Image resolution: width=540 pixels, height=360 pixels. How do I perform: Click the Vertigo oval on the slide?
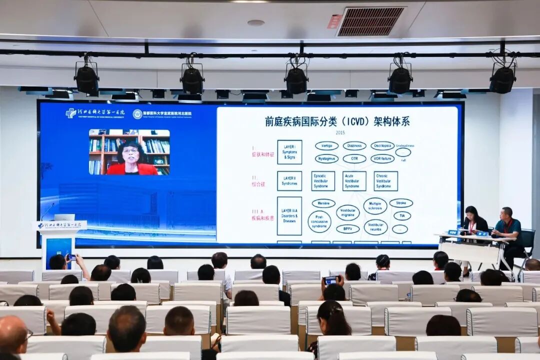click(326, 145)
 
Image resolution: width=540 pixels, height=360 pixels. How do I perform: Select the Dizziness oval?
click(354, 145)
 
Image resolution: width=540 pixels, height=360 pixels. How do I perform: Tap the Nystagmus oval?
click(326, 158)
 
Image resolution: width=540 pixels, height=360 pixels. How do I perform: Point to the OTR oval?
click(354, 158)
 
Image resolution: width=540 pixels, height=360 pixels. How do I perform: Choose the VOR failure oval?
click(382, 158)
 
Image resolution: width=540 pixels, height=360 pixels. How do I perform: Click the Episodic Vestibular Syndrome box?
click(323, 181)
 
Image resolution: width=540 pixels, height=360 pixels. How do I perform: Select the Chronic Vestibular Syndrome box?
click(385, 181)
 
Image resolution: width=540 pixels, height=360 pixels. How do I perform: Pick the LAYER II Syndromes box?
click(289, 181)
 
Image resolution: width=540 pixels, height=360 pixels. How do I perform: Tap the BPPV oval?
click(347, 229)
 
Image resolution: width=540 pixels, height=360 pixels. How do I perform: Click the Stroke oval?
click(401, 203)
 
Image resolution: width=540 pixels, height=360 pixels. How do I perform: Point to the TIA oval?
click(402, 215)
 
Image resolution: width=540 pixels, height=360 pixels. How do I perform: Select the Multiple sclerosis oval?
click(375, 206)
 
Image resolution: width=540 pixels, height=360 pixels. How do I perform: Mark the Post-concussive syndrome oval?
click(319, 221)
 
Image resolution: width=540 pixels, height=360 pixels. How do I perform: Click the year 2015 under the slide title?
click(340, 133)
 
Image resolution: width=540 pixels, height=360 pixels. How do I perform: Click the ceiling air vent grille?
click(370, 21)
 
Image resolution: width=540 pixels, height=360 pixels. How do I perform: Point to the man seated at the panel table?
click(507, 227)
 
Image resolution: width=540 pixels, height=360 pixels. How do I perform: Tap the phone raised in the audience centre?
click(330, 280)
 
